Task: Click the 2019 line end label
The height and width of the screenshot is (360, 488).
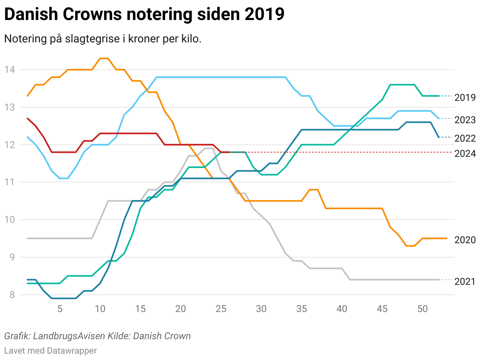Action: (465, 98)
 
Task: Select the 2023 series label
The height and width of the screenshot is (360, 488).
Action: (465, 120)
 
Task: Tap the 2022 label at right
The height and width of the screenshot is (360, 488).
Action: (465, 138)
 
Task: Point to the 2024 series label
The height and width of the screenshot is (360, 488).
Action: (465, 154)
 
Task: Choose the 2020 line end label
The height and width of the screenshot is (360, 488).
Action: (465, 240)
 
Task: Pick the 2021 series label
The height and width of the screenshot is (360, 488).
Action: (465, 282)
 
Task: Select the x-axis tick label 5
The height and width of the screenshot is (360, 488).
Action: (60, 309)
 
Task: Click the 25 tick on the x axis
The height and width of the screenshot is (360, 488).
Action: (221, 309)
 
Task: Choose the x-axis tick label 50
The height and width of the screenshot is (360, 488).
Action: (422, 309)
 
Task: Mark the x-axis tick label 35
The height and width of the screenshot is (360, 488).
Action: (302, 309)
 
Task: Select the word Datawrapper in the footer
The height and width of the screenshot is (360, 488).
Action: (72, 351)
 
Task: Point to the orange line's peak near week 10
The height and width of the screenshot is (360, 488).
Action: (104, 58)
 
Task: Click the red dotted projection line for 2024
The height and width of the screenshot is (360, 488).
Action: (340, 152)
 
